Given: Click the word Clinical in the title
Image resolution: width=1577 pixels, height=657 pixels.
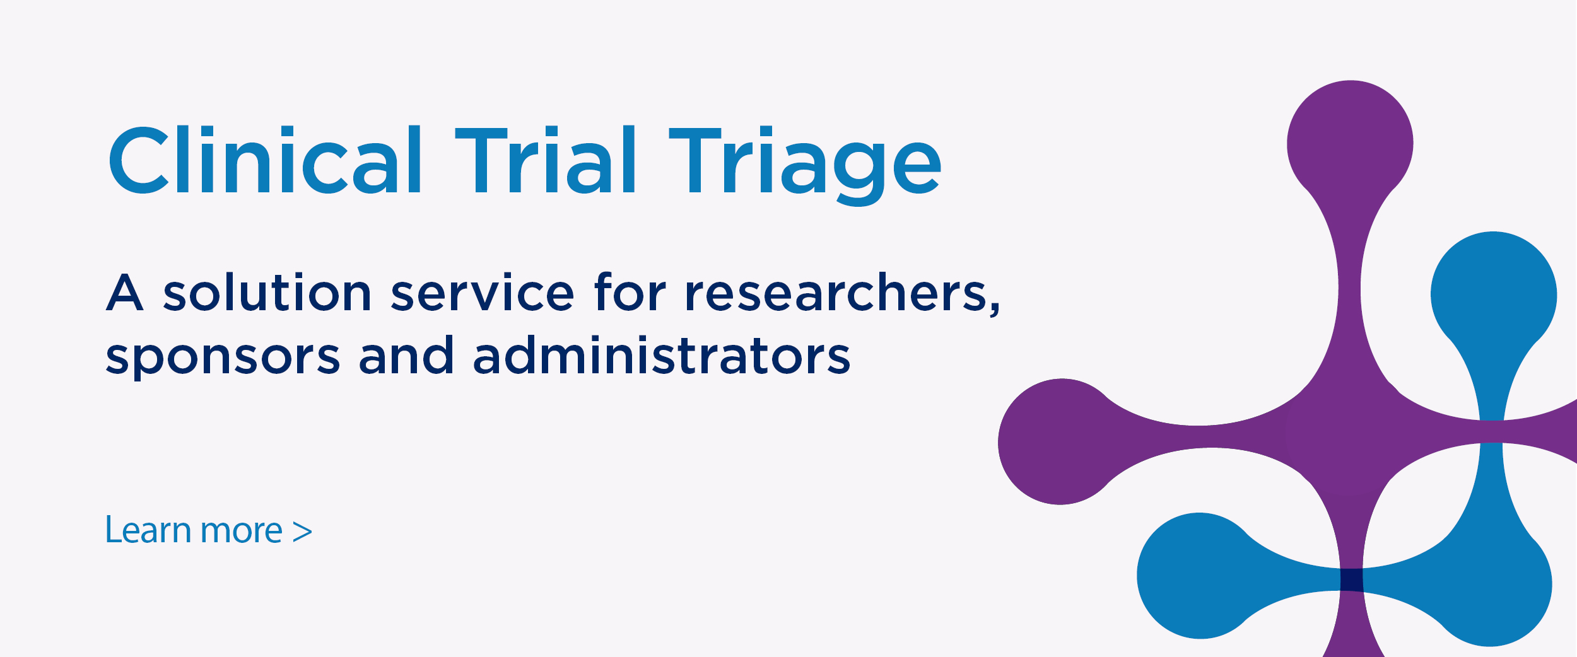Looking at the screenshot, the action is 265,160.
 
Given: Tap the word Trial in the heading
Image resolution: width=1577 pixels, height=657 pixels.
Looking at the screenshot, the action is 546,160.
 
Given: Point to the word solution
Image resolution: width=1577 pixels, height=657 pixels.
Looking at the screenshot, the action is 267,292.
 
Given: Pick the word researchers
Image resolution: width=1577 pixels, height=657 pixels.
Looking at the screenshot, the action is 836,292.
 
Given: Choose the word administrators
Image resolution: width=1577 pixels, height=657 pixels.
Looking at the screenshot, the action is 662,355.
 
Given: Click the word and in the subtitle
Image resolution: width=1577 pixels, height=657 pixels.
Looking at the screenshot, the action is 406,355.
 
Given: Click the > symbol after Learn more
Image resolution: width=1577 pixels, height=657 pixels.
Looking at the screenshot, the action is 303,532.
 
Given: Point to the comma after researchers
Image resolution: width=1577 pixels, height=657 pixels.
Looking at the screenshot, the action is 995,309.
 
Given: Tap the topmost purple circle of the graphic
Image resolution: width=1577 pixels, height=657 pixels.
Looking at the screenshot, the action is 1350,144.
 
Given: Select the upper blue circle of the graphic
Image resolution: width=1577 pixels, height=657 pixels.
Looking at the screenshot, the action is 1494,295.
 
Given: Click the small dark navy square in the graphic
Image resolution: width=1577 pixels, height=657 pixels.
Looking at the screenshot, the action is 1351,579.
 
